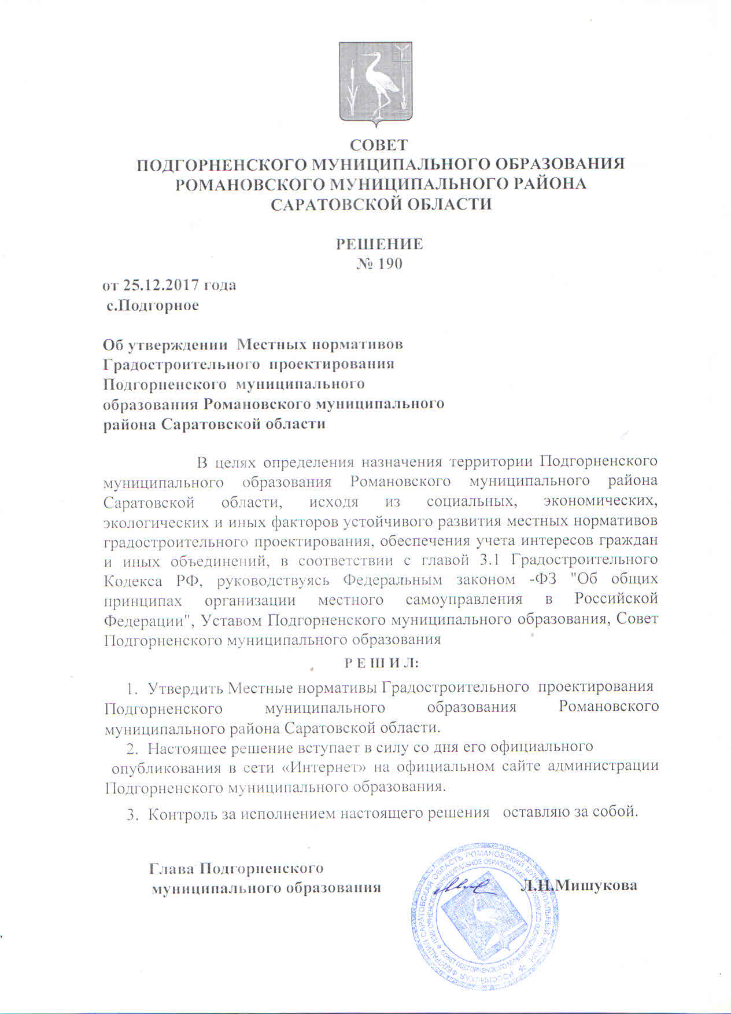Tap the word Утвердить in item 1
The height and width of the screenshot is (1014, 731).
(x=185, y=688)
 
